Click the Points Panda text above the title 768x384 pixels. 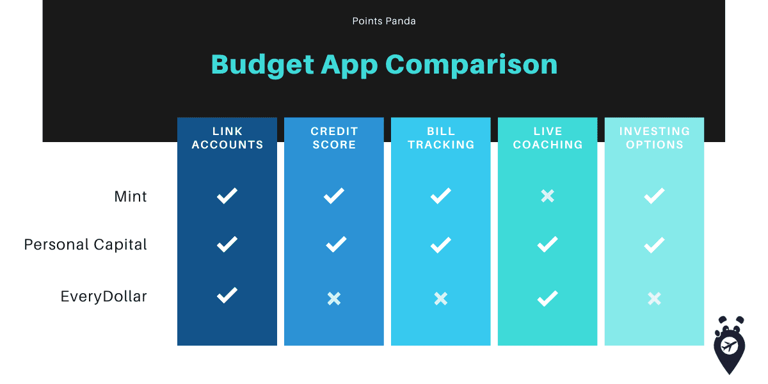coord(384,21)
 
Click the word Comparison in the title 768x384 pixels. coord(472,65)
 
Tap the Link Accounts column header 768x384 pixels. coord(227,138)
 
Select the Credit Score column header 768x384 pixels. coord(334,138)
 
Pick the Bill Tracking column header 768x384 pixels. coord(441,138)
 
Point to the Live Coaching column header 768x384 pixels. coord(548,138)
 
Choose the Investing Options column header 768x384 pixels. coord(655,138)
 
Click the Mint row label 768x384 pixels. coord(131,196)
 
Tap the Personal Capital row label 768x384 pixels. coord(85,244)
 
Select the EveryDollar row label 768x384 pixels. coord(104,296)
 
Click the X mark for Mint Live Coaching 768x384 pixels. coord(548,196)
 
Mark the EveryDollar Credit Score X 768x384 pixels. coord(334,299)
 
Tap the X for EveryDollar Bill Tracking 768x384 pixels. coord(441,299)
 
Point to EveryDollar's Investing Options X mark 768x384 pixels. coord(655,299)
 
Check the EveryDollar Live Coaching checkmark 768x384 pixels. coord(548,298)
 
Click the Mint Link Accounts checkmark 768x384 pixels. coord(227,196)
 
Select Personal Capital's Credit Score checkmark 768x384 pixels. coord(336,244)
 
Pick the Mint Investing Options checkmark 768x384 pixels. coord(655,196)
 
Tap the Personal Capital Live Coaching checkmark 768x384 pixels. coord(548,244)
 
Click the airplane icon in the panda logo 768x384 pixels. coord(729,346)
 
